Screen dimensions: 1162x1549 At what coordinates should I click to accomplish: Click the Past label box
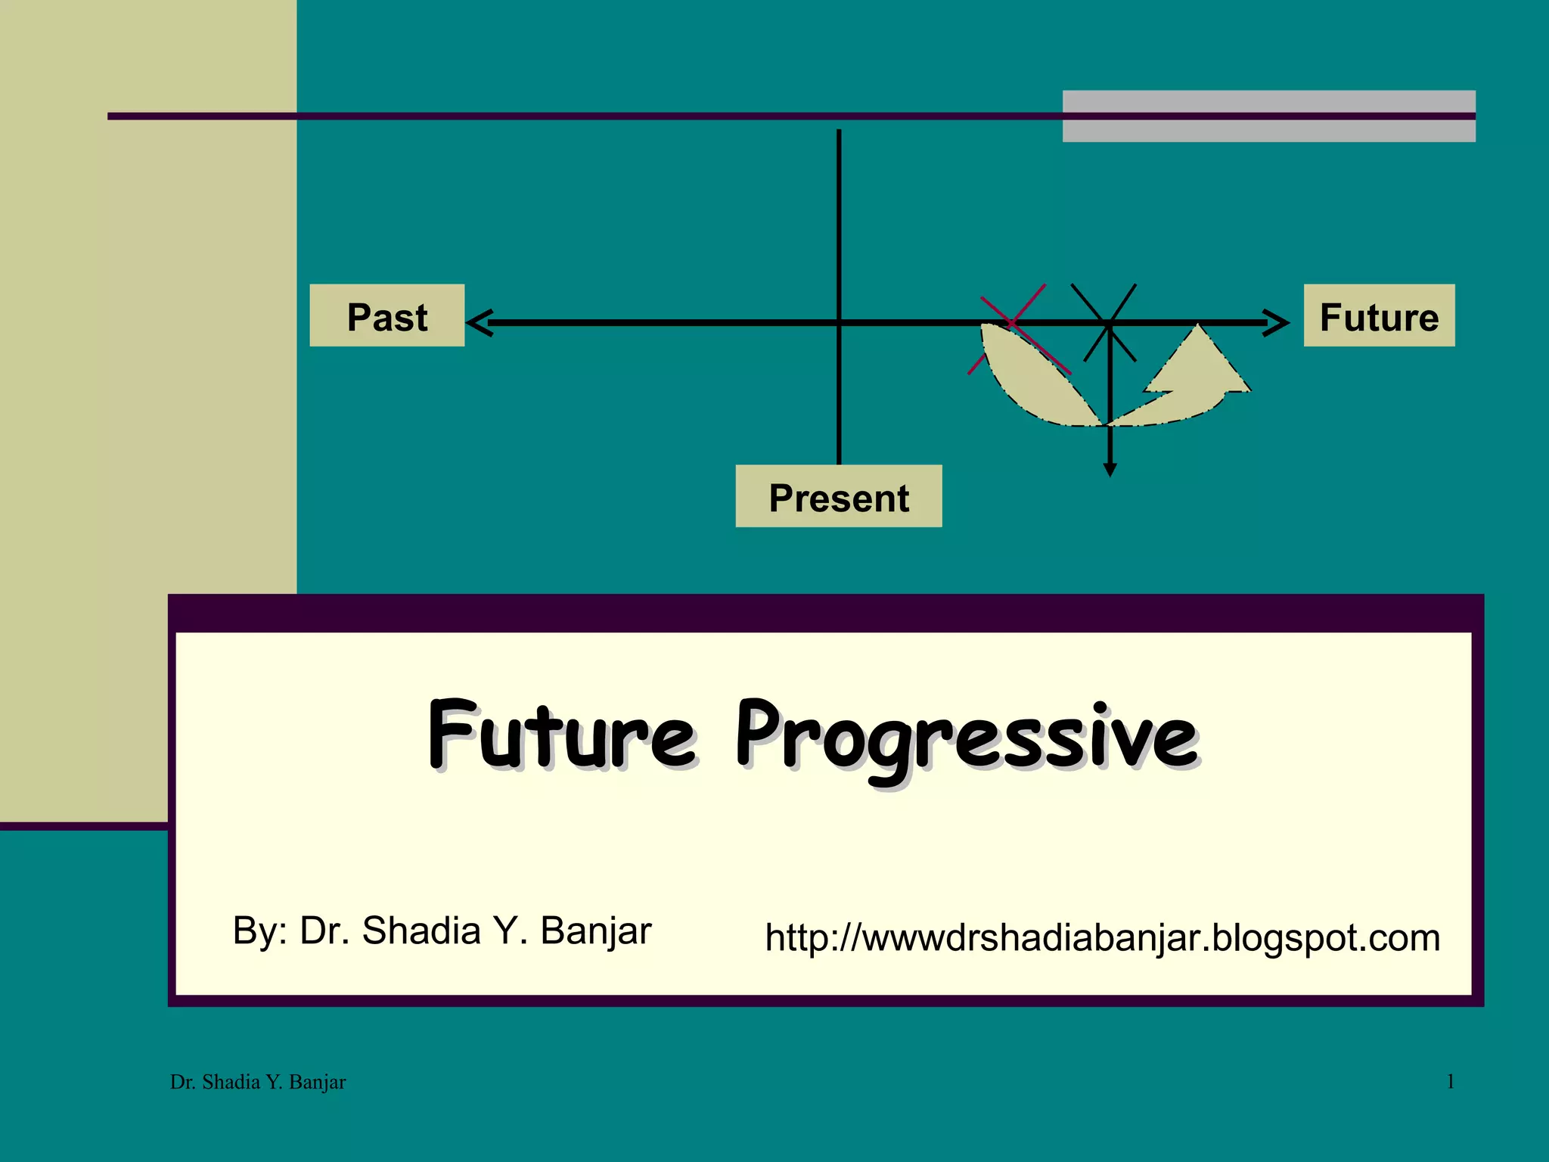click(x=386, y=316)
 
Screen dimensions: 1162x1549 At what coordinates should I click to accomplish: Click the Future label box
click(x=1378, y=316)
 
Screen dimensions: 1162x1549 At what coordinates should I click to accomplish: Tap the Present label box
click(x=838, y=497)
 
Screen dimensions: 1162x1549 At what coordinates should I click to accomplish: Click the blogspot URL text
click(x=1102, y=938)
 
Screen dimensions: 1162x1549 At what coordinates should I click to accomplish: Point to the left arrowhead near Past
click(x=480, y=323)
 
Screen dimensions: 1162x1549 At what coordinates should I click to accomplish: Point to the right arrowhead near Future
click(x=1277, y=323)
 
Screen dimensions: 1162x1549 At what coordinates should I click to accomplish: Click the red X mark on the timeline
click(x=1014, y=324)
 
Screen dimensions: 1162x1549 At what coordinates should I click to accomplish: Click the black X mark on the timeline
click(x=1107, y=323)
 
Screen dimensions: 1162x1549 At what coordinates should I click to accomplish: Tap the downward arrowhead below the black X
click(x=1110, y=470)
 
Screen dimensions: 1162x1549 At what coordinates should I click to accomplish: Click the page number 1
click(x=1450, y=1082)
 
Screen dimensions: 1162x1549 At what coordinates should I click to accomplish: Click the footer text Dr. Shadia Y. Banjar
click(x=258, y=1083)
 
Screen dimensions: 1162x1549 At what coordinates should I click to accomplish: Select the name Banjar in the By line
click(x=595, y=931)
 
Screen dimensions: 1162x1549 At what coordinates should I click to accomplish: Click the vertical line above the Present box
click(x=839, y=227)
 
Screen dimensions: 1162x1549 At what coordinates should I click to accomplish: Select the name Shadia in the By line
click(x=421, y=931)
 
